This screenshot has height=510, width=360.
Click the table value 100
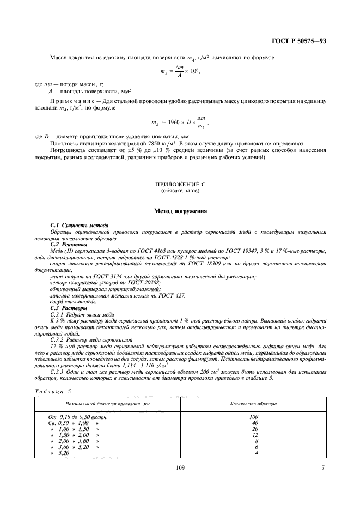click(254, 417)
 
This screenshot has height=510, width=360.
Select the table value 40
click(254, 423)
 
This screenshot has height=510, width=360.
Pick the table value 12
click(254, 435)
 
